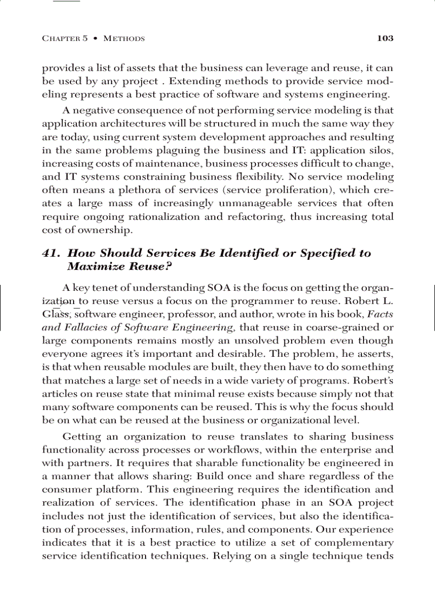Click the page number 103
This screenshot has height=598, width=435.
click(384, 38)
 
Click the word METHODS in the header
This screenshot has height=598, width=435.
click(124, 39)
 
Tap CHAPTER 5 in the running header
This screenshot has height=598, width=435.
click(65, 39)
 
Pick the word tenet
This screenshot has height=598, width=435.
click(113, 289)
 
